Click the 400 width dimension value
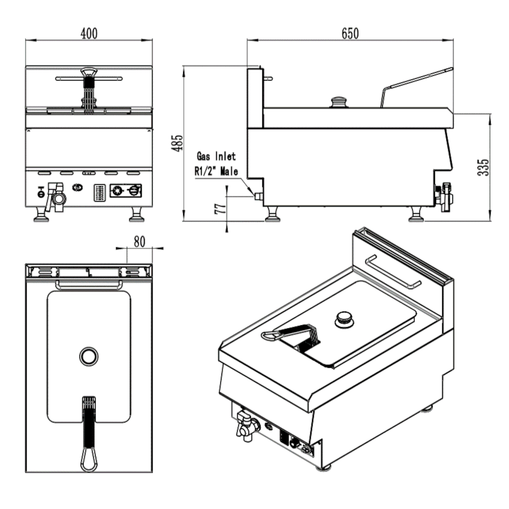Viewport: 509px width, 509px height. [89, 34]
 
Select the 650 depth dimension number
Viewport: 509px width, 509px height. [350, 34]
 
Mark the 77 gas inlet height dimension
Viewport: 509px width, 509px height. [220, 209]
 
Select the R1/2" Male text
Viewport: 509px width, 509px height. [216, 172]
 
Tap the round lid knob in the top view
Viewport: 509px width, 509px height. [89, 356]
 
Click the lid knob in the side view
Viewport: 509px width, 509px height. [338, 101]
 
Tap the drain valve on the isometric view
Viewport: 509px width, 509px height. [243, 425]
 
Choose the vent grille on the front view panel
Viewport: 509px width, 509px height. [100, 193]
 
